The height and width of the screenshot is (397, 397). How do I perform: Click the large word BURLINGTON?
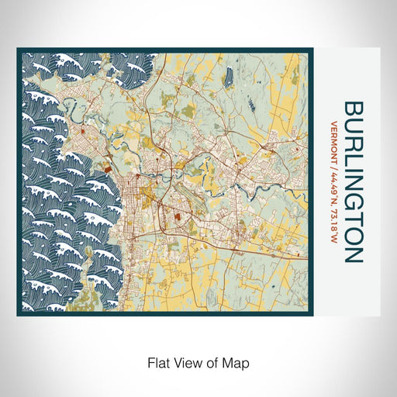352,181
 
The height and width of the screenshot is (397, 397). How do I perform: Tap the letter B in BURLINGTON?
352,107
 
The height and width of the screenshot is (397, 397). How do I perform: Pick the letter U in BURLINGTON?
352,123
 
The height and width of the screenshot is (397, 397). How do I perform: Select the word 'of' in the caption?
215,361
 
